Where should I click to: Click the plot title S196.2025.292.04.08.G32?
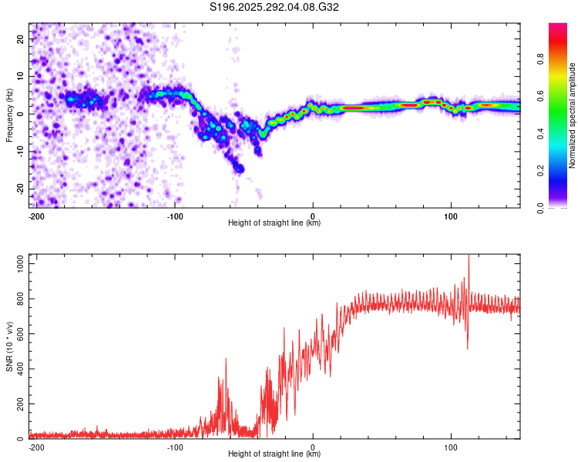click(275, 8)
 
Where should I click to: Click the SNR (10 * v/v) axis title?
click(9, 347)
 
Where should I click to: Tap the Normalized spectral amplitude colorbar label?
click(573, 116)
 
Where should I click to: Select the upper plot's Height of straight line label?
click(274, 223)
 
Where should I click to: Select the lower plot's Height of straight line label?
click(274, 454)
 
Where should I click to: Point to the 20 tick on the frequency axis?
click(21, 38)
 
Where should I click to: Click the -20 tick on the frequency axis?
click(19, 189)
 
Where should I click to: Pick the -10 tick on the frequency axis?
click(19, 151)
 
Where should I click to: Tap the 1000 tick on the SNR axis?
click(16, 263)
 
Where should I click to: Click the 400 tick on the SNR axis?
click(18, 369)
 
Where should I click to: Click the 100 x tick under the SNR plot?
click(451, 447)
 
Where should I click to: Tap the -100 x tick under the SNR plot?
click(175, 447)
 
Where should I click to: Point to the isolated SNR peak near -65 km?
click(226, 360)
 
